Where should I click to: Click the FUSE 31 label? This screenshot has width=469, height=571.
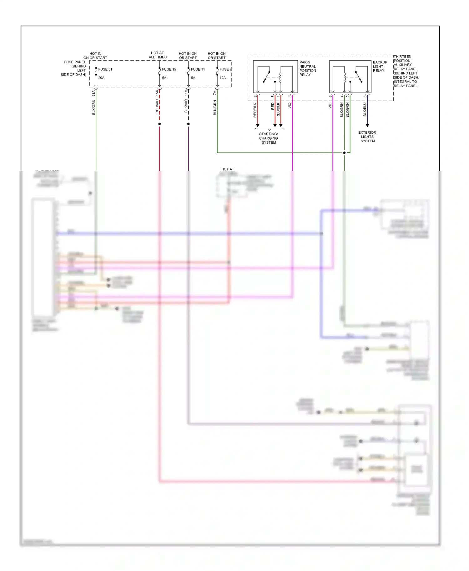click(105, 69)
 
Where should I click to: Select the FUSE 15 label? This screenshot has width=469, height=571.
click(169, 69)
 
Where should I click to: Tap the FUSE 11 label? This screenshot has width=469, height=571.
click(198, 69)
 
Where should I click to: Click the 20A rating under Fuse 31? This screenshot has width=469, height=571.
click(101, 78)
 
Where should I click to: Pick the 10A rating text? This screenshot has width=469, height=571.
click(223, 78)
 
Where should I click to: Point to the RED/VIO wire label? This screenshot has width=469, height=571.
click(157, 106)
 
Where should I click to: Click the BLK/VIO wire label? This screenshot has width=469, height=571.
click(186, 106)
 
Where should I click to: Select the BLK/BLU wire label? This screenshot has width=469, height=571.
click(365, 109)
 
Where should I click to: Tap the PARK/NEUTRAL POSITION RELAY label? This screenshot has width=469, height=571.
click(307, 68)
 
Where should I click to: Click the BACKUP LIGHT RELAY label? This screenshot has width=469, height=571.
click(380, 66)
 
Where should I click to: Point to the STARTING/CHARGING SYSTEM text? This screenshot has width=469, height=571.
click(269, 138)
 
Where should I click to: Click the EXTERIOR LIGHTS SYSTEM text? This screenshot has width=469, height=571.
click(367, 137)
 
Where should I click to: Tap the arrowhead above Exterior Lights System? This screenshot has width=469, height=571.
click(367, 125)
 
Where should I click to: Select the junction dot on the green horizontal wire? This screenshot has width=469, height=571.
click(344, 153)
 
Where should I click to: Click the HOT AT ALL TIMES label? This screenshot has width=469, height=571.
click(158, 55)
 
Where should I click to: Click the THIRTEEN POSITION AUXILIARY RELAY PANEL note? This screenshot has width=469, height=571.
click(406, 71)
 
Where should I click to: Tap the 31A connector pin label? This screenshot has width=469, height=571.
click(93, 93)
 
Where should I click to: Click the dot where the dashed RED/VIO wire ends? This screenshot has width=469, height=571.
click(159, 124)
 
